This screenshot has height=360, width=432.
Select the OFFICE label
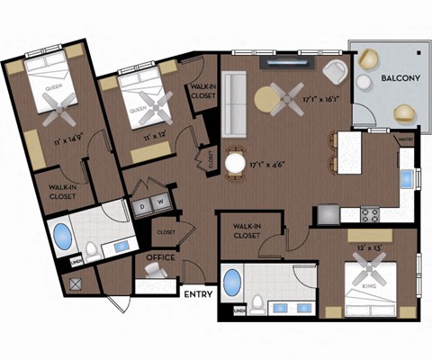coord(159,257)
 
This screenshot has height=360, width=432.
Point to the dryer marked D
coord(141,202)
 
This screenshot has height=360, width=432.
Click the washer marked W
coord(159,202)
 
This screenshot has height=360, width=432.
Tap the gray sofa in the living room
coord(234,100)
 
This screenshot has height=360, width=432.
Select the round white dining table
coord(236,163)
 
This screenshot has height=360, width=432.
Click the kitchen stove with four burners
coord(370,214)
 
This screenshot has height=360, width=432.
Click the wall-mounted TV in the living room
coord(289,64)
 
